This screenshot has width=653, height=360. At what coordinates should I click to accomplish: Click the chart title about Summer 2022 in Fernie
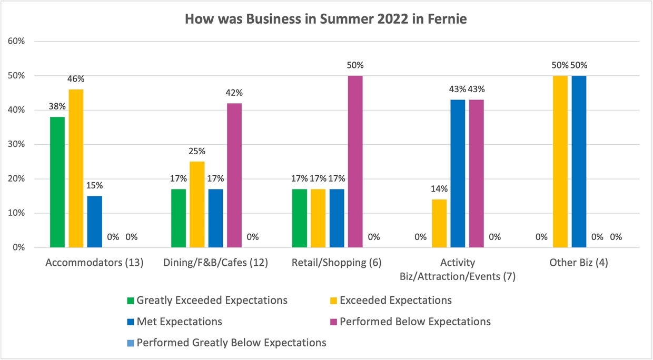pos(326,19)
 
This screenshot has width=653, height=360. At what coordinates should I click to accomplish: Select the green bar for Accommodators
pos(57,182)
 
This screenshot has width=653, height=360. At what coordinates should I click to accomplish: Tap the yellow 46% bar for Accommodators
pos(76,168)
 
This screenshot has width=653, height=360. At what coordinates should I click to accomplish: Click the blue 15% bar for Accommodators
pos(95,222)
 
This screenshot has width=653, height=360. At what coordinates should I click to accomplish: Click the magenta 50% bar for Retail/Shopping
pos(355,162)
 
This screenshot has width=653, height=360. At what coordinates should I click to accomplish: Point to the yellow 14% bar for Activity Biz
pos(439,223)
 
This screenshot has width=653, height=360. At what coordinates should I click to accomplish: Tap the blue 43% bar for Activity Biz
pos(458,174)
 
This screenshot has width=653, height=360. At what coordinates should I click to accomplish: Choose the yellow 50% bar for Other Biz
pos(560,162)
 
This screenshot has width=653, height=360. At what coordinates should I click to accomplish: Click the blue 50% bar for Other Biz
pos(579,162)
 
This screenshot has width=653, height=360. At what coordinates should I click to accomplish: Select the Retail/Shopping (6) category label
pos(337,263)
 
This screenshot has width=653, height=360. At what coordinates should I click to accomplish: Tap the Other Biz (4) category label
pos(578,263)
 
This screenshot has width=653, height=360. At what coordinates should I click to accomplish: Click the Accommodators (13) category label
pos(95,263)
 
